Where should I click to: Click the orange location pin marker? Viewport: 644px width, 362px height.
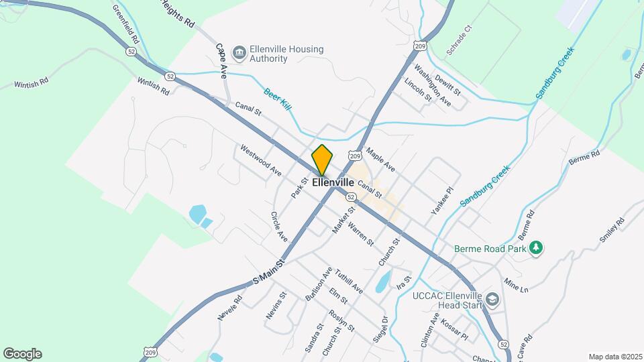click(322, 160)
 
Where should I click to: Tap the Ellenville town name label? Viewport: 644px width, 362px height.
click(333, 182)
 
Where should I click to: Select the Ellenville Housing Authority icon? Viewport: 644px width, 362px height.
click(238, 52)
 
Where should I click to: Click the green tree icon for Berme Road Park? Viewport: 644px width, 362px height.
click(535, 248)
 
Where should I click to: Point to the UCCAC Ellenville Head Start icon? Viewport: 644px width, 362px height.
click(493, 299)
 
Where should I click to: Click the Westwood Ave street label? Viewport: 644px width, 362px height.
click(260, 161)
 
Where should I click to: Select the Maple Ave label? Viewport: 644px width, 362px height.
click(380, 160)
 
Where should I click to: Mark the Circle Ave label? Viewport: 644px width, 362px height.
click(279, 227)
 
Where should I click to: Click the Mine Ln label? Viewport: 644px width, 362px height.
click(516, 285)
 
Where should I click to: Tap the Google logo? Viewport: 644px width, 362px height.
click(22, 354)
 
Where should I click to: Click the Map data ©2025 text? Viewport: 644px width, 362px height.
click(614, 357)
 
